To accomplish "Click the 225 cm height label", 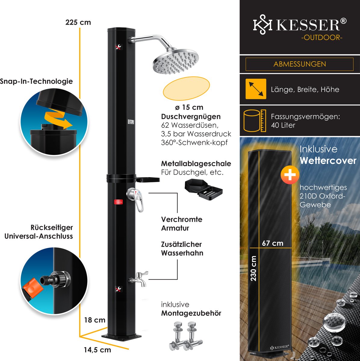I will (x=78, y=23).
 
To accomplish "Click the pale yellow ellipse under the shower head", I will (x=186, y=89).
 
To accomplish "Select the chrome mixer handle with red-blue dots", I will (x=136, y=198).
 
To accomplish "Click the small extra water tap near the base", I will (x=139, y=279).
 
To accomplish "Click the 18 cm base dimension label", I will (x=95, y=320).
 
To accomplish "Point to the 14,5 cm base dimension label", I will (x=97, y=350).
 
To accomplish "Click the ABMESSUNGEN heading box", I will (x=299, y=64).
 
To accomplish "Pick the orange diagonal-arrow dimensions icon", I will (x=256, y=89).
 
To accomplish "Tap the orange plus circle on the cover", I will (x=290, y=175).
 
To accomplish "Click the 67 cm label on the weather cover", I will (x=272, y=243).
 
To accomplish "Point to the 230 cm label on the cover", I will (x=253, y=268).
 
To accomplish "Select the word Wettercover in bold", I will (x=328, y=161).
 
